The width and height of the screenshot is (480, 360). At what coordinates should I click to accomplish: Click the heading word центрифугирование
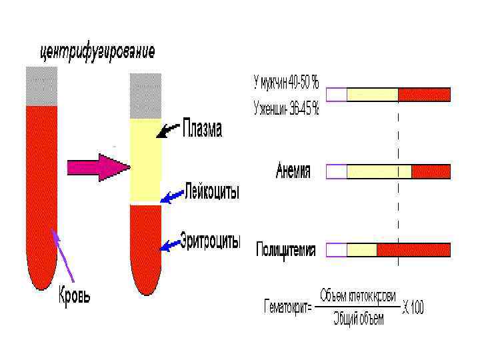click(98, 50)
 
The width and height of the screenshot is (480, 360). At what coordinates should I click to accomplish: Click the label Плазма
click(202, 129)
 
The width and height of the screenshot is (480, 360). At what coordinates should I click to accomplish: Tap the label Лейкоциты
click(211, 193)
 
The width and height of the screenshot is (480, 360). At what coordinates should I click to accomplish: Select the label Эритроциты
click(210, 241)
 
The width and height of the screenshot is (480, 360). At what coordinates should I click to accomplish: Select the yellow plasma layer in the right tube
click(145, 160)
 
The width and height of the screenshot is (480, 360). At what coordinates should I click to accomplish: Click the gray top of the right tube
click(145, 95)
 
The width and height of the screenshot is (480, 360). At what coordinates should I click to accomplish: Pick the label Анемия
click(293, 171)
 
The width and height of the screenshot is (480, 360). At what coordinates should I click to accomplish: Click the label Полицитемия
click(286, 250)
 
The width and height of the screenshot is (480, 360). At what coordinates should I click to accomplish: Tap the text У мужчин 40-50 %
click(286, 83)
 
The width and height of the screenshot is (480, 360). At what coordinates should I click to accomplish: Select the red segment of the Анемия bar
click(431, 172)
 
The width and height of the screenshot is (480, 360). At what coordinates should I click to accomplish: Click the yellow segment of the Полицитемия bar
click(362, 250)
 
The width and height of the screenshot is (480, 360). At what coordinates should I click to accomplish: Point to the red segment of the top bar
click(424, 94)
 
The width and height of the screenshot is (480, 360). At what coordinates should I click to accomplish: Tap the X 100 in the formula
click(413, 308)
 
